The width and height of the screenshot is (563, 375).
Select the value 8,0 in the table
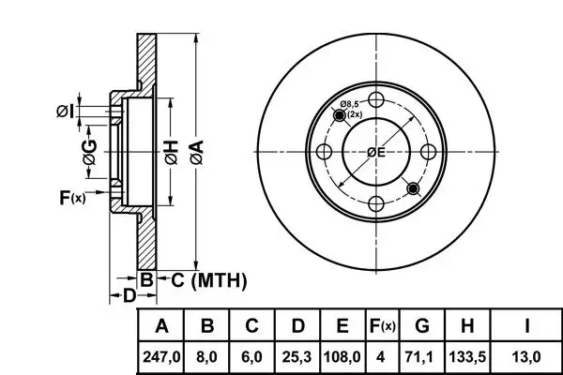pos(208,356)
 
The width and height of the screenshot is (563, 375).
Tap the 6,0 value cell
pos(251,356)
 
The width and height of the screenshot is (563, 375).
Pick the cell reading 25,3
pos(297,356)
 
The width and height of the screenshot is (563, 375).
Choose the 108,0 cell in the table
pos(343,356)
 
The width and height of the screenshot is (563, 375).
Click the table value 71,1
pos(421,356)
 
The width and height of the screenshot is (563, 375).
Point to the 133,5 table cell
pos(466,356)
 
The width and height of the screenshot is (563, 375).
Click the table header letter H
pos(466,326)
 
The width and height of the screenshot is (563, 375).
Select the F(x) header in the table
pos(383,326)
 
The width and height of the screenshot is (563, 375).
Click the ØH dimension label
pos(171,153)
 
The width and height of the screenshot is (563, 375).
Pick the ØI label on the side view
pos(64,112)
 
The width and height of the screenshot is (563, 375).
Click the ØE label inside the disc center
pos(376,153)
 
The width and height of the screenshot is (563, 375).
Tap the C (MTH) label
pos(207,279)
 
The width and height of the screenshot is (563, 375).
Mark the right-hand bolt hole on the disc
pos(428,153)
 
